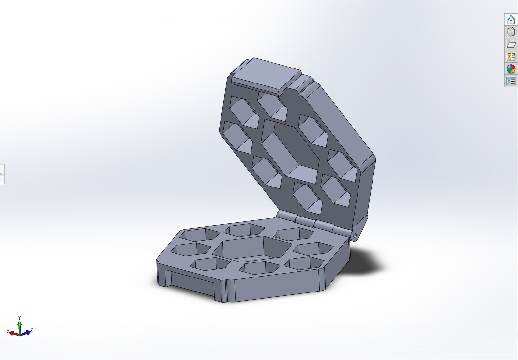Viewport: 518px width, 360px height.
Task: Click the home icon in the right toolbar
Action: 511,20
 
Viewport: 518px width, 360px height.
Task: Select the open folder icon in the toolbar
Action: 511,44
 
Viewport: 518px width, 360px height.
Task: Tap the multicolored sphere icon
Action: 511,69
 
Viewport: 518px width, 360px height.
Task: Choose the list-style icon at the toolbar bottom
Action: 511,81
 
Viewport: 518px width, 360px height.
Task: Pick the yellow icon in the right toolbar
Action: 511,56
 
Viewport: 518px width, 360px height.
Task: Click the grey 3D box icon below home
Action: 511,32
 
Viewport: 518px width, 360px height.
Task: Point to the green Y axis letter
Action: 19,318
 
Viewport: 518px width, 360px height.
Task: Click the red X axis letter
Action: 8,331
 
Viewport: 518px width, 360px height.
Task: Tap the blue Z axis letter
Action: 31,330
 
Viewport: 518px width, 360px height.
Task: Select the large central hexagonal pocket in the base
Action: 252,249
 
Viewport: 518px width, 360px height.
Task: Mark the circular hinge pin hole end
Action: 355,235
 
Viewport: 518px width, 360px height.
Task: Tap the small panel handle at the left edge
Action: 2,174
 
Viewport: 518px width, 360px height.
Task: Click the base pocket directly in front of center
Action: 259,268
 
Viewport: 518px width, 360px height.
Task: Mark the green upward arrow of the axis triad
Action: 20,326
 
